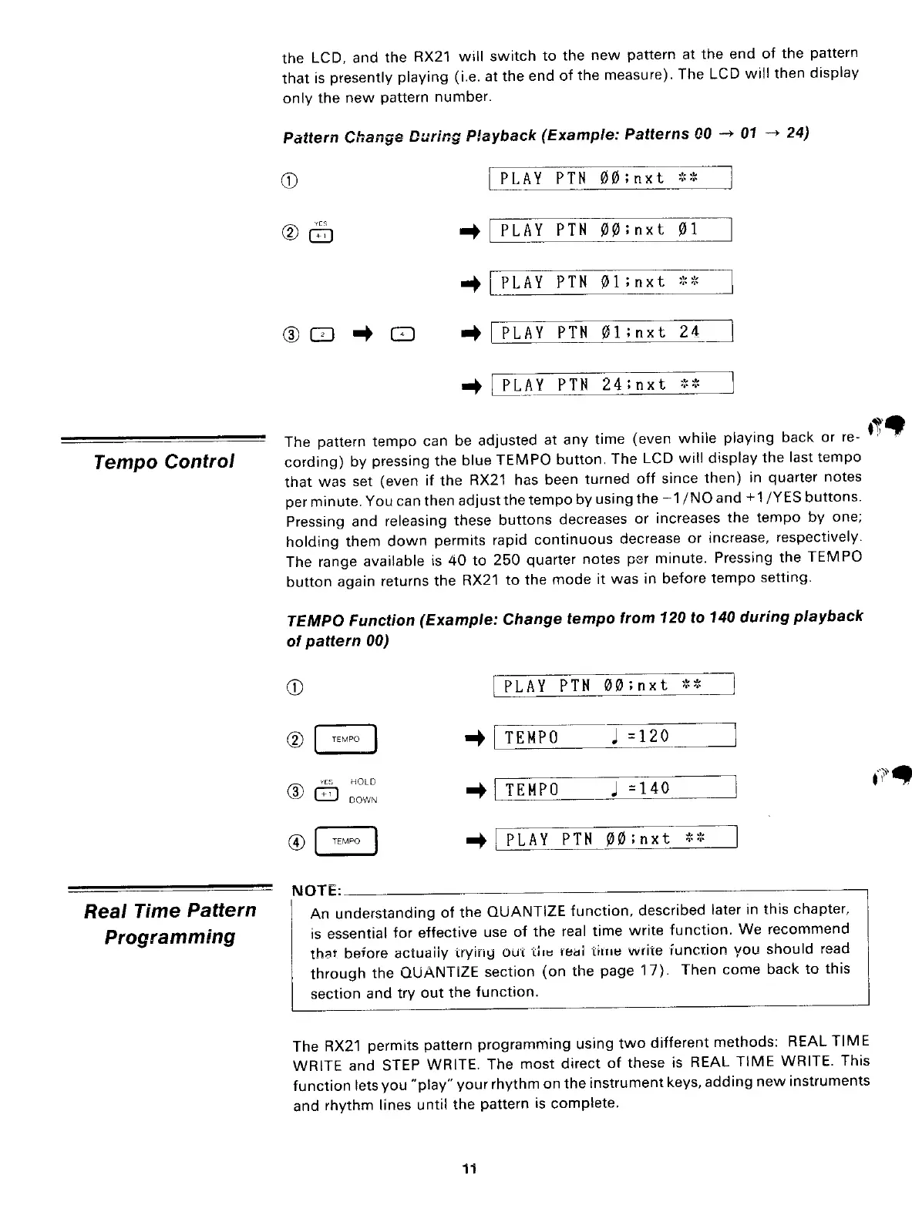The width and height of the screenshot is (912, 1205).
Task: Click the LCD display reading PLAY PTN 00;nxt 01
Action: (x=611, y=230)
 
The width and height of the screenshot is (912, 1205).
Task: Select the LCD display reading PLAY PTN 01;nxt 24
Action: (x=611, y=333)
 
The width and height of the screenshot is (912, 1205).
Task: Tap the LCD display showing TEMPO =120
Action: (x=614, y=737)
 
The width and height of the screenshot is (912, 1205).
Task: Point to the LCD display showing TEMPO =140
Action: (x=614, y=789)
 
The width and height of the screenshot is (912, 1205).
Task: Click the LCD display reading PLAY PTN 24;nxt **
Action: (x=611, y=383)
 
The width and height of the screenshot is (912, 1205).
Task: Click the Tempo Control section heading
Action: (x=163, y=462)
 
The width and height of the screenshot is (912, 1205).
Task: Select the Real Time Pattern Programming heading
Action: (x=170, y=923)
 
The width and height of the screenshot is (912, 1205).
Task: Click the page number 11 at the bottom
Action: (x=469, y=1169)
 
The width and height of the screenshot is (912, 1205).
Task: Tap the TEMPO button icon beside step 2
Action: (x=345, y=740)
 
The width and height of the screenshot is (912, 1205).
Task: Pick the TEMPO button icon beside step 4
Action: (x=345, y=841)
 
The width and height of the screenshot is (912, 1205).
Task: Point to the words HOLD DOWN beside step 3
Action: (x=362, y=790)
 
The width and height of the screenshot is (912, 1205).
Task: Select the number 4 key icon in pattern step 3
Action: (x=403, y=334)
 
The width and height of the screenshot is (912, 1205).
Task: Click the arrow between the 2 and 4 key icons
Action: (x=363, y=334)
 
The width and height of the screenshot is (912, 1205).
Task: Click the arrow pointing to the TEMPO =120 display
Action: (x=473, y=738)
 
